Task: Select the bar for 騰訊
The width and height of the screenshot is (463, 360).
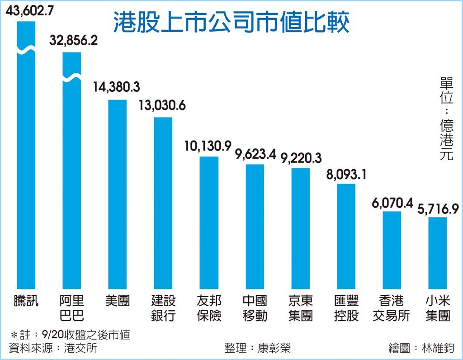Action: [26, 172]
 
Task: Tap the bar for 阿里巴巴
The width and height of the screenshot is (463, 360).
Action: [71, 181]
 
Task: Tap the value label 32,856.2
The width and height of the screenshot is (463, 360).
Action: [74, 41]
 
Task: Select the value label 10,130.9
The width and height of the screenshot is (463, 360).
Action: [208, 146]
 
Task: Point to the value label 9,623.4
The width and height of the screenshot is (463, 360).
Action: [255, 154]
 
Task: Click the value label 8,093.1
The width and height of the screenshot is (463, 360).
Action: [346, 173]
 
